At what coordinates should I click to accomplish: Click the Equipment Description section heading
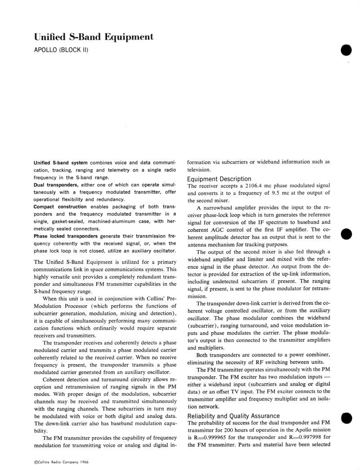(x=219, y=179)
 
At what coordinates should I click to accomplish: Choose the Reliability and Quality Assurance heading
(x=234, y=416)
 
